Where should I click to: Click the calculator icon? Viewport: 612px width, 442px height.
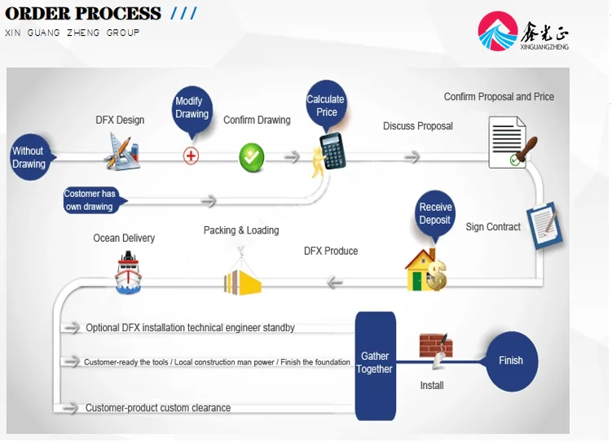(x=332, y=151)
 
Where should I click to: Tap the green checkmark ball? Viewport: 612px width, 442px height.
(x=251, y=157)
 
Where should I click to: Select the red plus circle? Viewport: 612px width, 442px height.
(x=191, y=156)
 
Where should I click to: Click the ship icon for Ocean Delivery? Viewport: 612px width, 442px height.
(x=128, y=272)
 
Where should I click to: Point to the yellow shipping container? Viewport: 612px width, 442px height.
(x=242, y=282)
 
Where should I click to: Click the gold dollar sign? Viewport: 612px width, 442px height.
(x=437, y=275)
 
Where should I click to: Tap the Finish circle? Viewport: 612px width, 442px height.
(x=511, y=361)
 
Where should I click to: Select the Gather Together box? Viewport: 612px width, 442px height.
(x=375, y=365)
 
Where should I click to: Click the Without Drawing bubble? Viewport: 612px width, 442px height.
(x=29, y=157)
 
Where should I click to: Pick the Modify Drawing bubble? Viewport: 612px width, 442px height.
(x=192, y=109)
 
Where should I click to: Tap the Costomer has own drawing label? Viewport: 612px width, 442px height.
(x=92, y=200)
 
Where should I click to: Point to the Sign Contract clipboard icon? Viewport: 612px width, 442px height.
(x=545, y=225)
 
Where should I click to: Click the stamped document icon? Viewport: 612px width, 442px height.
(x=512, y=142)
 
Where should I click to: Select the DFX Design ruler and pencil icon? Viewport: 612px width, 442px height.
(x=122, y=151)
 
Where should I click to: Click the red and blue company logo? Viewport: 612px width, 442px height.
(x=498, y=31)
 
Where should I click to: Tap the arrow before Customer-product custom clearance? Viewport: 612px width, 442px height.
(x=70, y=408)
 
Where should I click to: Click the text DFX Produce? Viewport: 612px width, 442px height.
(x=331, y=251)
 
